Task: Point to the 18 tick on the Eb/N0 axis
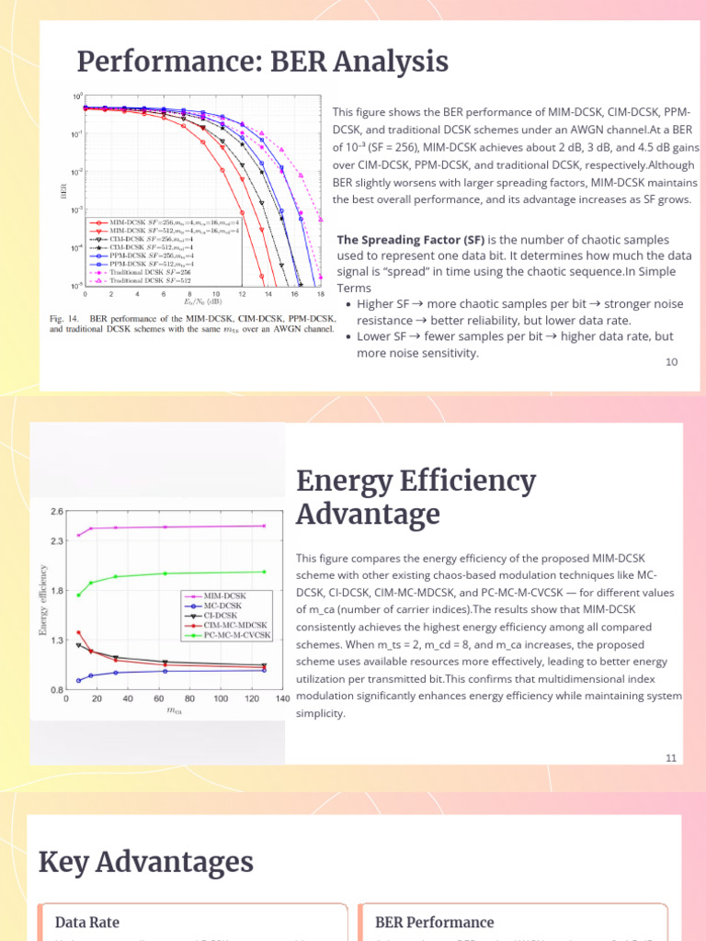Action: [x=321, y=294]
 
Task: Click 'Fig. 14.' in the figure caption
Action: [x=65, y=318]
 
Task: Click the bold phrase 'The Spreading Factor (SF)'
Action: [x=411, y=240]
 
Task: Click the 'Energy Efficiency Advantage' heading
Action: [x=416, y=496]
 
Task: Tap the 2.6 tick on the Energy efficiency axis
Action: [x=57, y=512]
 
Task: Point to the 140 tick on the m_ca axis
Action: [x=282, y=698]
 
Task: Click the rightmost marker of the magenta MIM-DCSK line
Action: [x=265, y=526]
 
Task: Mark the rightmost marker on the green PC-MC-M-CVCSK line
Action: [x=265, y=572]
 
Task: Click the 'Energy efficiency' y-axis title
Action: [x=42, y=601]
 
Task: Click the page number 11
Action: [x=671, y=757]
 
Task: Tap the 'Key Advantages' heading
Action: [x=145, y=862]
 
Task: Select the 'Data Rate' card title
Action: [x=87, y=922]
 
